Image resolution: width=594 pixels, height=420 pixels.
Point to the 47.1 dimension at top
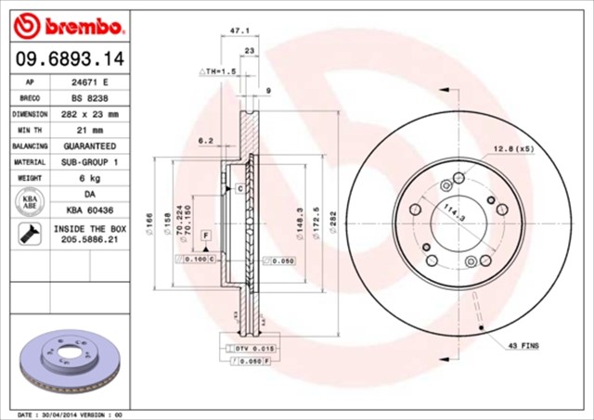point(238,32)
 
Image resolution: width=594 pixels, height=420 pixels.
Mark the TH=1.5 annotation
point(218,71)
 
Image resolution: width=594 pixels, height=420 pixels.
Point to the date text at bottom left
point(70,414)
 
